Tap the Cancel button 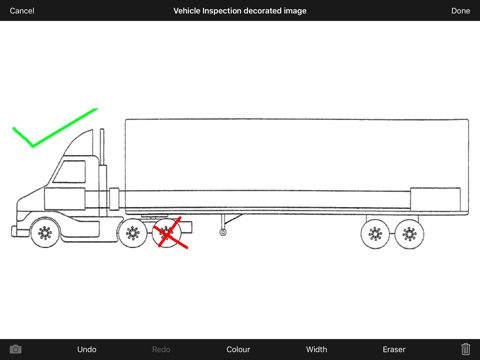coord(22,11)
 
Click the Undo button coord(87,349)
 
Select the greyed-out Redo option coord(161,349)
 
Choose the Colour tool coord(238,349)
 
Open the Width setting coord(316,349)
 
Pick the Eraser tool coord(394,349)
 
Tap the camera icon coord(15,349)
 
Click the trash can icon coord(465,349)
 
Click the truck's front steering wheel coord(45,233)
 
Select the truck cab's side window coord(70,172)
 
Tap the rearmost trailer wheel coord(409,234)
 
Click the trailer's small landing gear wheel coord(223,232)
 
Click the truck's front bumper coord(17,231)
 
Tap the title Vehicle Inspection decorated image coord(240,11)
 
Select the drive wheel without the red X coord(133,233)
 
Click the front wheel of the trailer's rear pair coord(375,234)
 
